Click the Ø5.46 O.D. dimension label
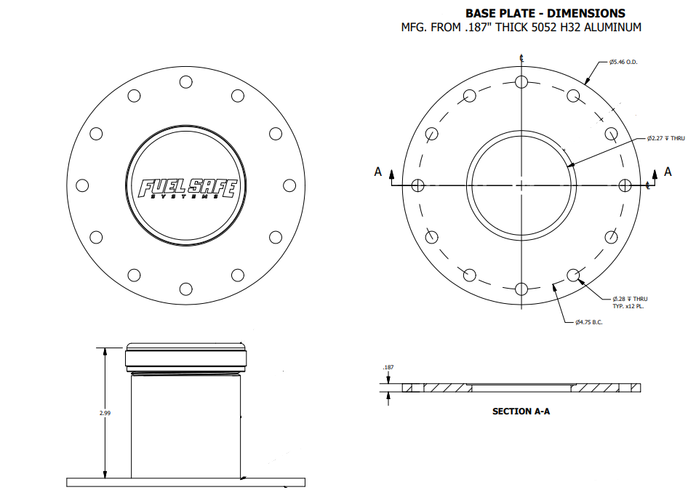[623, 62]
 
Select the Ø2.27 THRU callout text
[665, 138]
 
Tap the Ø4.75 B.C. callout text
[589, 322]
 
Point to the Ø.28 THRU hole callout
[630, 299]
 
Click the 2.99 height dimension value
[105, 413]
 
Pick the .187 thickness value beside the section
[388, 368]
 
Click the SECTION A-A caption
[521, 411]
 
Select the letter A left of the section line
[377, 172]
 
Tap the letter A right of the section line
[668, 172]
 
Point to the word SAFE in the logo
[212, 188]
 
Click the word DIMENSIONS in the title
[586, 13]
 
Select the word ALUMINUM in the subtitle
[612, 28]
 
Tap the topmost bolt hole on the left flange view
[185, 82]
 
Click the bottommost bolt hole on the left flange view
[185, 289]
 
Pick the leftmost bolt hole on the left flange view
[82, 185]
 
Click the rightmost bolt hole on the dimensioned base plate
[625, 185]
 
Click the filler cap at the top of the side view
[185, 357]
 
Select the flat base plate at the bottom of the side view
[185, 483]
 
